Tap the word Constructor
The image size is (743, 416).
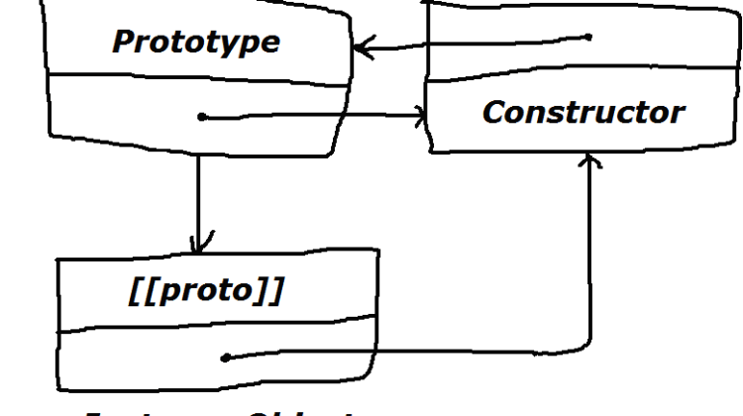(x=584, y=112)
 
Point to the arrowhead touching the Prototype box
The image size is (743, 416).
(x=361, y=46)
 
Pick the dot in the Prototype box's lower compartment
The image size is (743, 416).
(x=201, y=117)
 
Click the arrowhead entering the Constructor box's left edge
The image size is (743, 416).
(x=423, y=116)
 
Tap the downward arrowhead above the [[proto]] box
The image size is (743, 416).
(x=199, y=241)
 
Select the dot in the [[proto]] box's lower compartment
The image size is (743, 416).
(x=226, y=357)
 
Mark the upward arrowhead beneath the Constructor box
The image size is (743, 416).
(x=591, y=160)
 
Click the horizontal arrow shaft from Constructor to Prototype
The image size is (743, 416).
(x=476, y=43)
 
